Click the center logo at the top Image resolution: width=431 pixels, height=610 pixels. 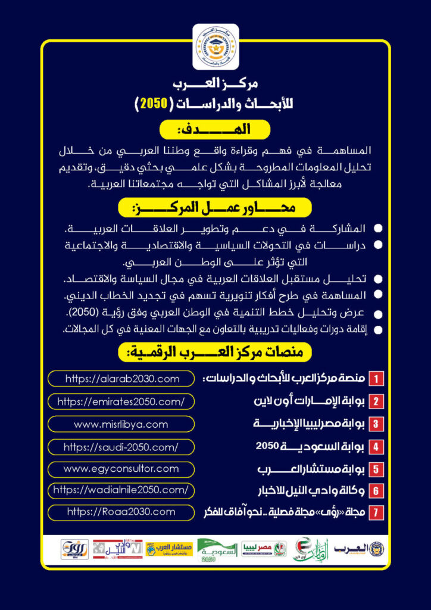click(x=215, y=46)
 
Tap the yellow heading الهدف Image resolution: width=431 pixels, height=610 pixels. click(x=215, y=129)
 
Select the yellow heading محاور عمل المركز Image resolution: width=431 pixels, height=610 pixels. click(x=215, y=208)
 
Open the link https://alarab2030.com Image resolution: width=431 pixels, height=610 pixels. click(x=121, y=378)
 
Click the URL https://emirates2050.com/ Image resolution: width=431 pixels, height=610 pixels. click(x=121, y=402)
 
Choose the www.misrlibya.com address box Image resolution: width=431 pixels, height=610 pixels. click(x=121, y=424)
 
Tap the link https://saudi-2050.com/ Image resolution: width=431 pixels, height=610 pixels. click(x=121, y=447)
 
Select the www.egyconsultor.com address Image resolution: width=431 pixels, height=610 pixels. click(x=121, y=469)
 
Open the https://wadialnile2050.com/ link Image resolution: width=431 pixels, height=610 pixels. click(x=121, y=490)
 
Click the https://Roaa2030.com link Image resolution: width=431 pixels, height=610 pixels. click(x=121, y=512)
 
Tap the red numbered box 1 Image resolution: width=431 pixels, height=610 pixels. click(x=376, y=379)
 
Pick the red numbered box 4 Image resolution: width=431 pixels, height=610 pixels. click(x=376, y=446)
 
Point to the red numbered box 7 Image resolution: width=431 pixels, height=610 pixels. click(x=376, y=512)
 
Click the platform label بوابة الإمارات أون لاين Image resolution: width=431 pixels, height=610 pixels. click(x=309, y=401)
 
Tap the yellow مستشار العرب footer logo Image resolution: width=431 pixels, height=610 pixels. click(x=170, y=549)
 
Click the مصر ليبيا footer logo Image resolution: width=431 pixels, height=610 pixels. click(x=264, y=549)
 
